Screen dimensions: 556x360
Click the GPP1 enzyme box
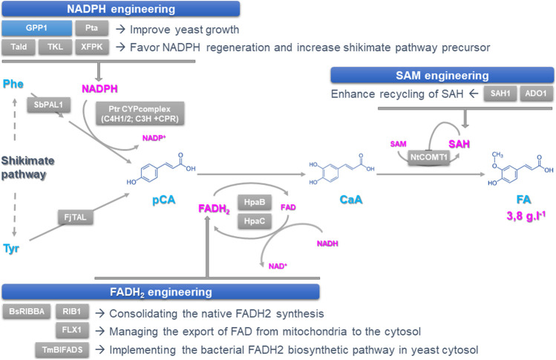[x=36, y=28]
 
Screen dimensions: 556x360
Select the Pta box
[x=91, y=28]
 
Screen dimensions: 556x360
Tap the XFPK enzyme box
[x=91, y=47]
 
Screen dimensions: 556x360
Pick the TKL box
[x=55, y=47]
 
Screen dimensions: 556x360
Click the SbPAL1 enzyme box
[x=48, y=105]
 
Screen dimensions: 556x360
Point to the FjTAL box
[x=75, y=217]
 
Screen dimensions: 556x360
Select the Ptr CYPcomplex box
[x=140, y=114]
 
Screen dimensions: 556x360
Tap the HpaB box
[x=254, y=202]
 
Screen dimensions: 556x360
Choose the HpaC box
[x=254, y=221]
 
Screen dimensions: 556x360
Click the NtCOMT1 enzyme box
[x=429, y=157]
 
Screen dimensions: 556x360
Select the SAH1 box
[x=500, y=94]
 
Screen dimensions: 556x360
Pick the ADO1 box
[x=536, y=94]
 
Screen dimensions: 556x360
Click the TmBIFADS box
[x=62, y=350]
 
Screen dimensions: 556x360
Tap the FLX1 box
[x=72, y=330]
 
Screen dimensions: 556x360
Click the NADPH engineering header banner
[x=121, y=9]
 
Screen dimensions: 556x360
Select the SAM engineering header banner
[x=442, y=75]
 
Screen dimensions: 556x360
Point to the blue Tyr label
[x=11, y=248]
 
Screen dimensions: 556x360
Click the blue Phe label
[x=13, y=84]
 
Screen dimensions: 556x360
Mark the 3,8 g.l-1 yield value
[x=526, y=216]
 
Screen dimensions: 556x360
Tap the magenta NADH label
[x=327, y=243]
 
